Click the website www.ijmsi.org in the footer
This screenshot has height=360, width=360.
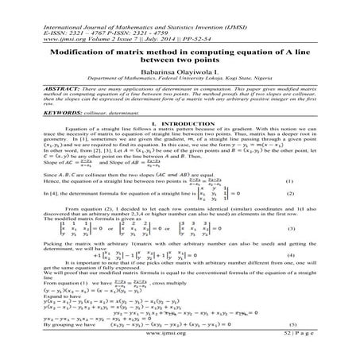pyautogui.click(x=179, y=336)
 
